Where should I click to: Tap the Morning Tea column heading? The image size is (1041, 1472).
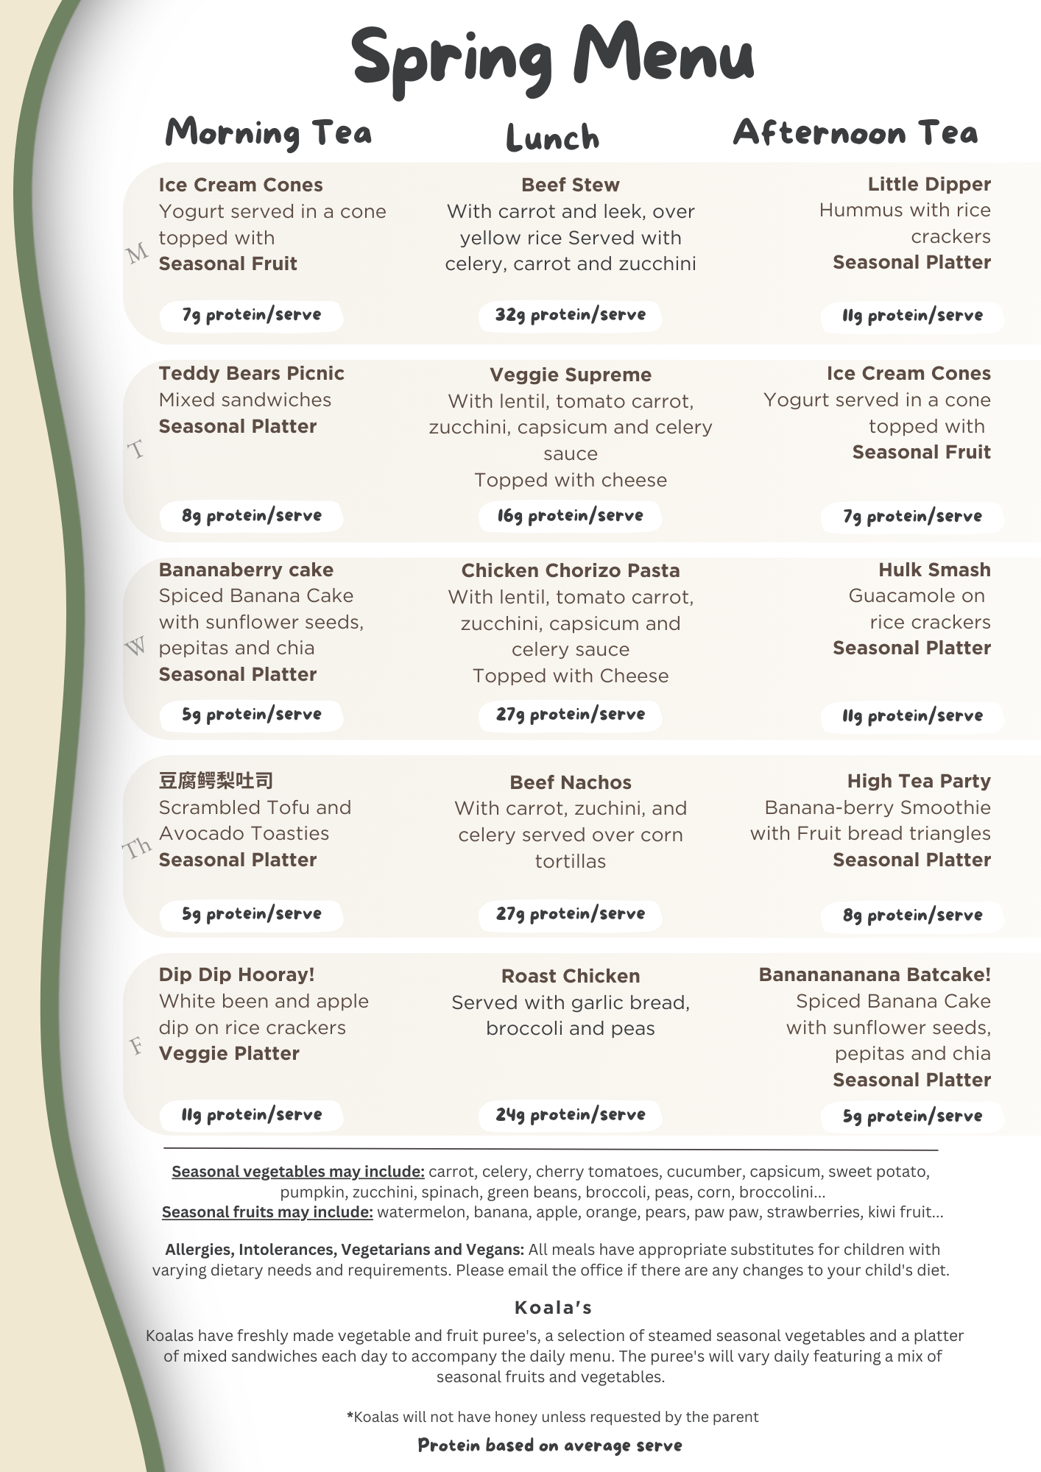click(268, 133)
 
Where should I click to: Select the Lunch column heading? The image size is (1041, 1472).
click(553, 138)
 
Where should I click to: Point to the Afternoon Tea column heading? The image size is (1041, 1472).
click(855, 133)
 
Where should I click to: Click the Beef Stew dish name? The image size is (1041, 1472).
click(570, 185)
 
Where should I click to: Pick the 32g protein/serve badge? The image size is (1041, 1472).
click(570, 315)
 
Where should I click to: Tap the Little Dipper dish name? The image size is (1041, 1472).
click(928, 184)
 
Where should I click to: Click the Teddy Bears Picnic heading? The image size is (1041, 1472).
click(251, 373)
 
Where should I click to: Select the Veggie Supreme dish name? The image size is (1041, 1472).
click(570, 375)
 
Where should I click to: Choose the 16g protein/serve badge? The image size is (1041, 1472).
click(570, 516)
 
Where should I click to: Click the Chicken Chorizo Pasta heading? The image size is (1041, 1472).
click(570, 570)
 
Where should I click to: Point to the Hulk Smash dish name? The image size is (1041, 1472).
click(934, 570)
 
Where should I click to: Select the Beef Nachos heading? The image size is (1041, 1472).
click(570, 782)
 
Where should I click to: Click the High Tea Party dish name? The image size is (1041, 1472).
click(918, 781)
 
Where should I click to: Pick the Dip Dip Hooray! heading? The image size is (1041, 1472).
click(236, 974)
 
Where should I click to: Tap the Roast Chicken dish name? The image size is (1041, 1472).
click(570, 976)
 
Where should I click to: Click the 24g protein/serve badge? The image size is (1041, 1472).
click(570, 1114)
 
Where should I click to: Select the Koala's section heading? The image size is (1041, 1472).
click(553, 1307)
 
